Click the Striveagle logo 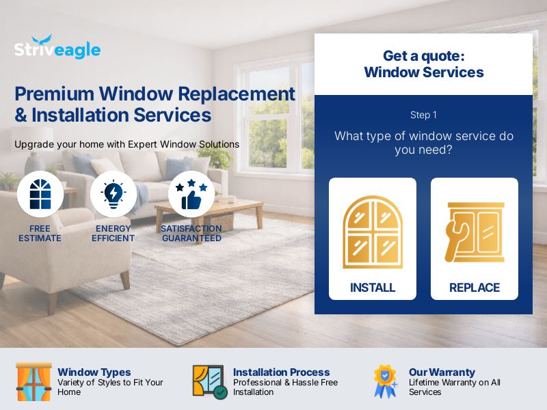click(x=57, y=48)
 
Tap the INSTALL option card click(x=373, y=238)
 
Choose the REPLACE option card click(x=475, y=238)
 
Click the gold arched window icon click(x=373, y=232)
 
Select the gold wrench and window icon click(x=475, y=232)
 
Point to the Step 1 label click(x=423, y=115)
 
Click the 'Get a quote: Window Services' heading click(x=423, y=64)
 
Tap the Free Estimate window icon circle click(x=40, y=194)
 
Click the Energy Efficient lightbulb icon click(x=114, y=194)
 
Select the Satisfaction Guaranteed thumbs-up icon click(x=191, y=194)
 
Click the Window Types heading click(x=94, y=372)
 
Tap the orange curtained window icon click(x=34, y=381)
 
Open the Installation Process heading click(x=281, y=372)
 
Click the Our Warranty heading click(x=442, y=372)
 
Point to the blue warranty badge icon click(x=385, y=381)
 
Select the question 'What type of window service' click(x=423, y=143)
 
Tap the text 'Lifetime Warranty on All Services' click(x=454, y=387)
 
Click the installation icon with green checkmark click(x=209, y=381)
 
